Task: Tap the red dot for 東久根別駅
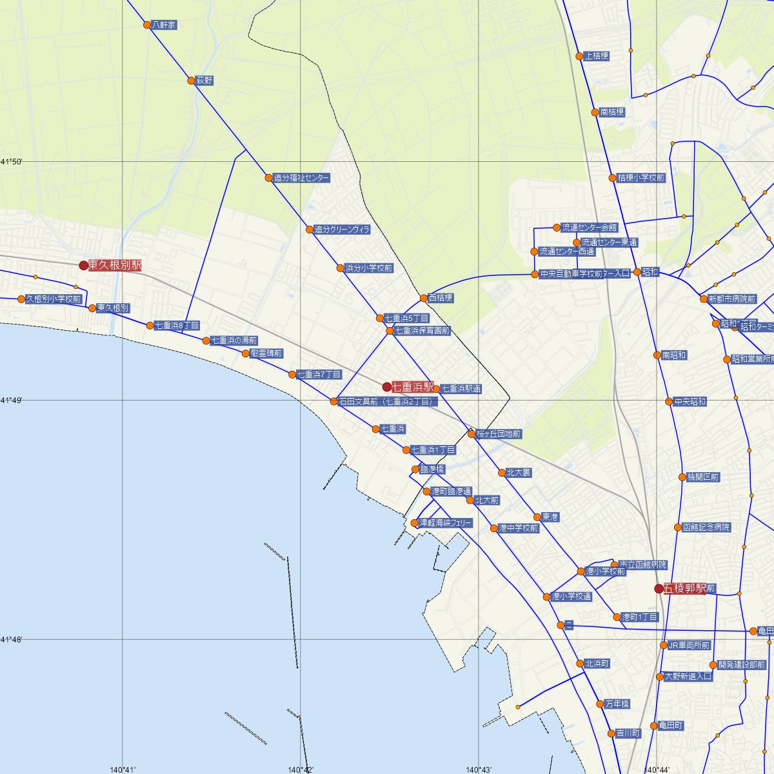click(x=83, y=265)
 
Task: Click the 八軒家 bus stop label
click(x=164, y=25)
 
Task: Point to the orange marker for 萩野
click(x=191, y=81)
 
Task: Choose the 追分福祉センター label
click(x=301, y=177)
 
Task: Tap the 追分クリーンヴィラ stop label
click(x=342, y=230)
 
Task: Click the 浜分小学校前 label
click(x=368, y=268)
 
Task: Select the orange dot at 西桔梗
click(x=424, y=298)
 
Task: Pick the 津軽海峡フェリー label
click(x=446, y=522)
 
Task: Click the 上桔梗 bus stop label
click(x=596, y=56)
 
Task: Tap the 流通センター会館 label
click(x=590, y=228)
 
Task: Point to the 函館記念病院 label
click(x=706, y=527)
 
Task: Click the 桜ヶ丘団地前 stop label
click(x=499, y=434)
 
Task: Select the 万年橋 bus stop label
click(x=617, y=704)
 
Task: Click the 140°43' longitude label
click(x=478, y=769)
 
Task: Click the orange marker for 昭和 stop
click(x=637, y=272)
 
